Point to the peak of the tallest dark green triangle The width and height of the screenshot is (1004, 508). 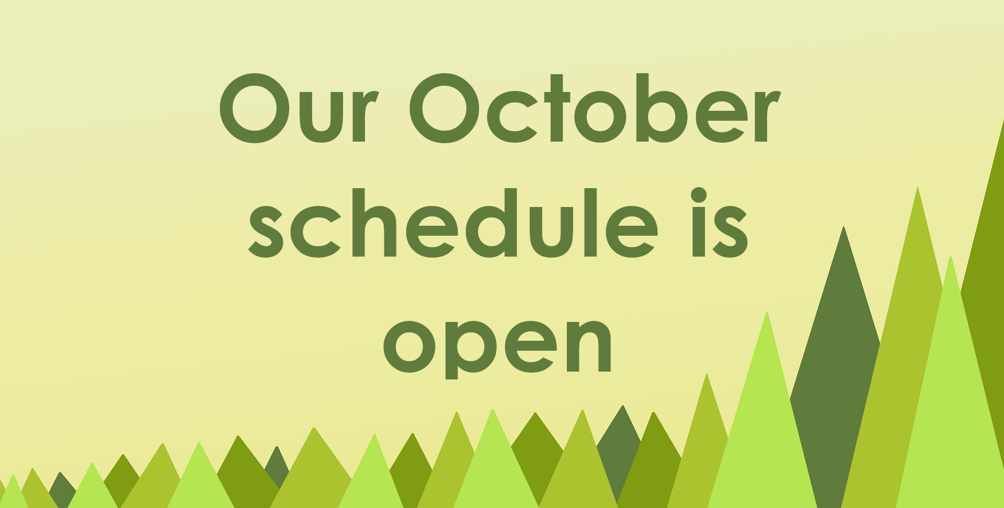tap(843, 227)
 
